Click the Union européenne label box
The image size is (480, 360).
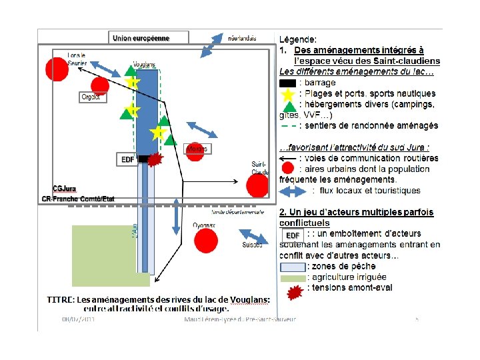(x=141, y=38)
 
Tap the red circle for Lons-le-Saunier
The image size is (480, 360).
(x=56, y=69)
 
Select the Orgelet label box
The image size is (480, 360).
(x=90, y=97)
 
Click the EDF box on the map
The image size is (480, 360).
(x=127, y=159)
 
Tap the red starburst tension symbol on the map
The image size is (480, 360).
(x=155, y=159)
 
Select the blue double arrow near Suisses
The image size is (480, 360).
(x=253, y=237)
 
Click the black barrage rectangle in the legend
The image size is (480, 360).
(x=287, y=83)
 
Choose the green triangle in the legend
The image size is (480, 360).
(x=287, y=105)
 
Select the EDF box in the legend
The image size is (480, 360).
(x=292, y=235)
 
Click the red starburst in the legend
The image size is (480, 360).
(x=293, y=291)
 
